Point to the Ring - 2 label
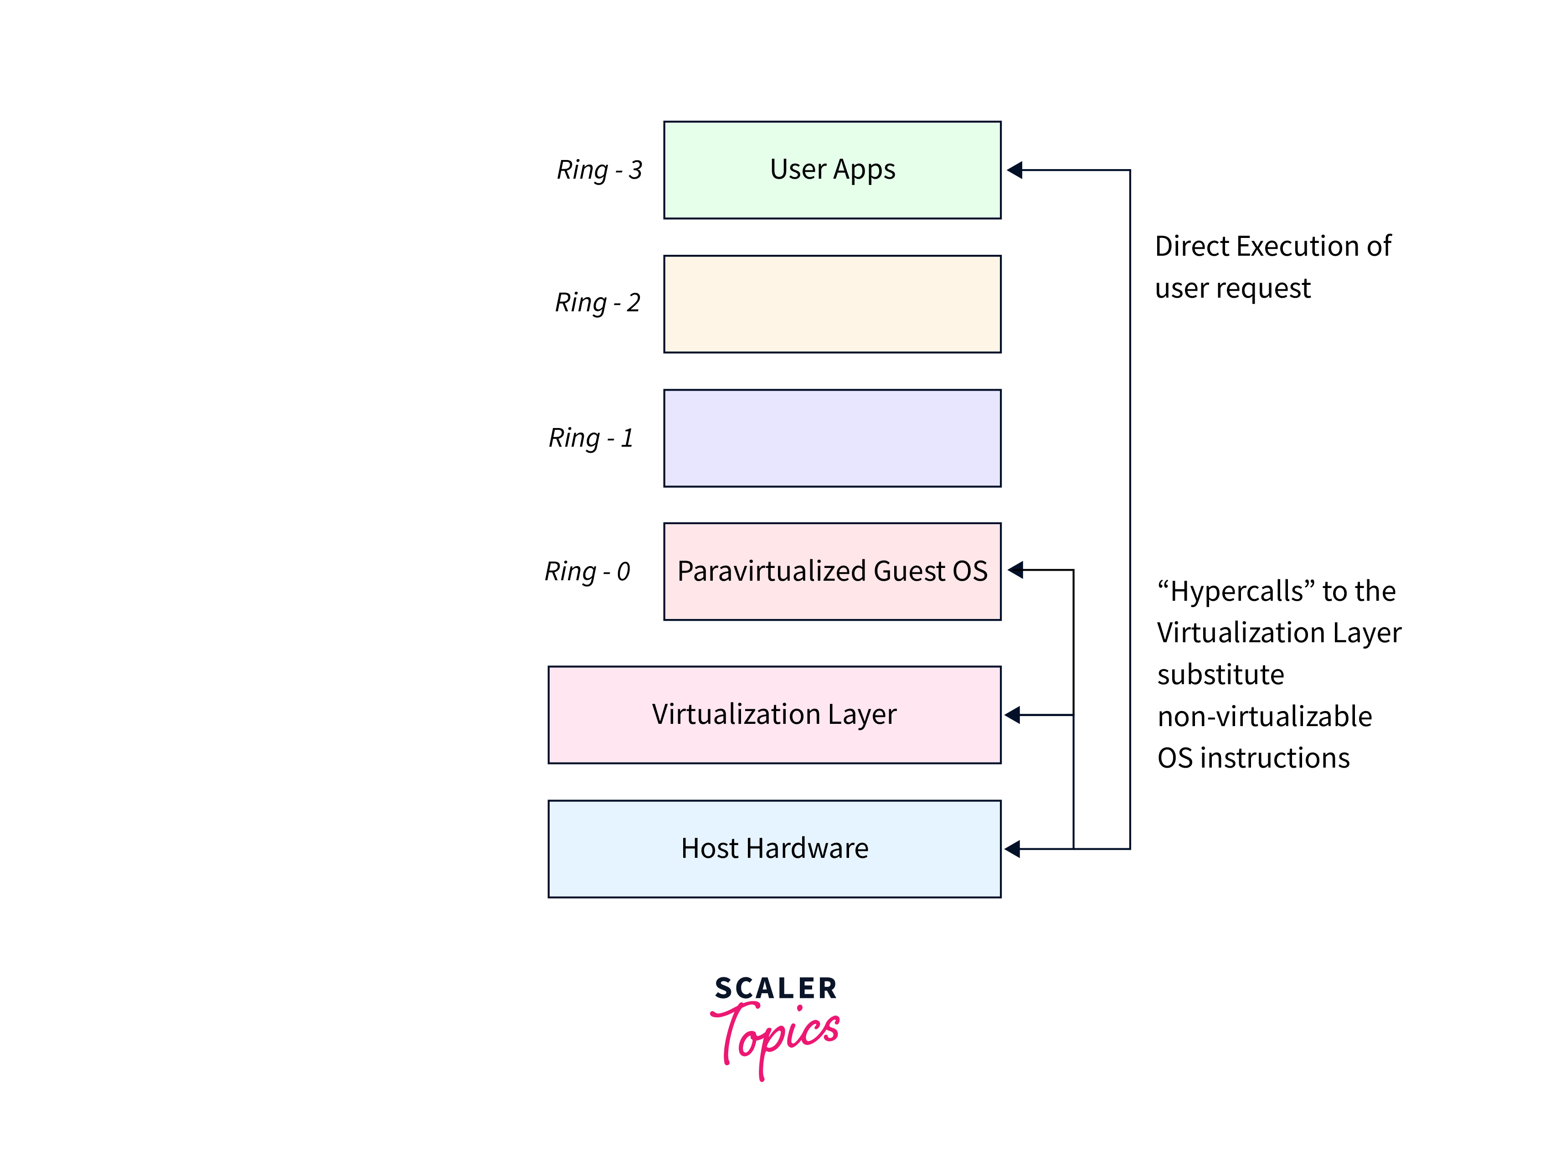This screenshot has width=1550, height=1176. [597, 303]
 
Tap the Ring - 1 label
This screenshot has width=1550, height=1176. [591, 438]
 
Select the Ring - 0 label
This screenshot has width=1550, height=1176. [587, 571]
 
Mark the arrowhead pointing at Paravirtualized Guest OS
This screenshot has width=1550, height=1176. [1016, 570]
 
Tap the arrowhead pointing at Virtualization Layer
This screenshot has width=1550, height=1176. [1013, 714]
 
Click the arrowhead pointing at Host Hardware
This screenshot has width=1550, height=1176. [1013, 849]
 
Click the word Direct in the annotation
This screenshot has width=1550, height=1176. [1192, 246]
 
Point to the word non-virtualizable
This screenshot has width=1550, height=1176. [1264, 716]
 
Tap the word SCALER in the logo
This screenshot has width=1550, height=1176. [776, 988]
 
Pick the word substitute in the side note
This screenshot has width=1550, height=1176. [1220, 674]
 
